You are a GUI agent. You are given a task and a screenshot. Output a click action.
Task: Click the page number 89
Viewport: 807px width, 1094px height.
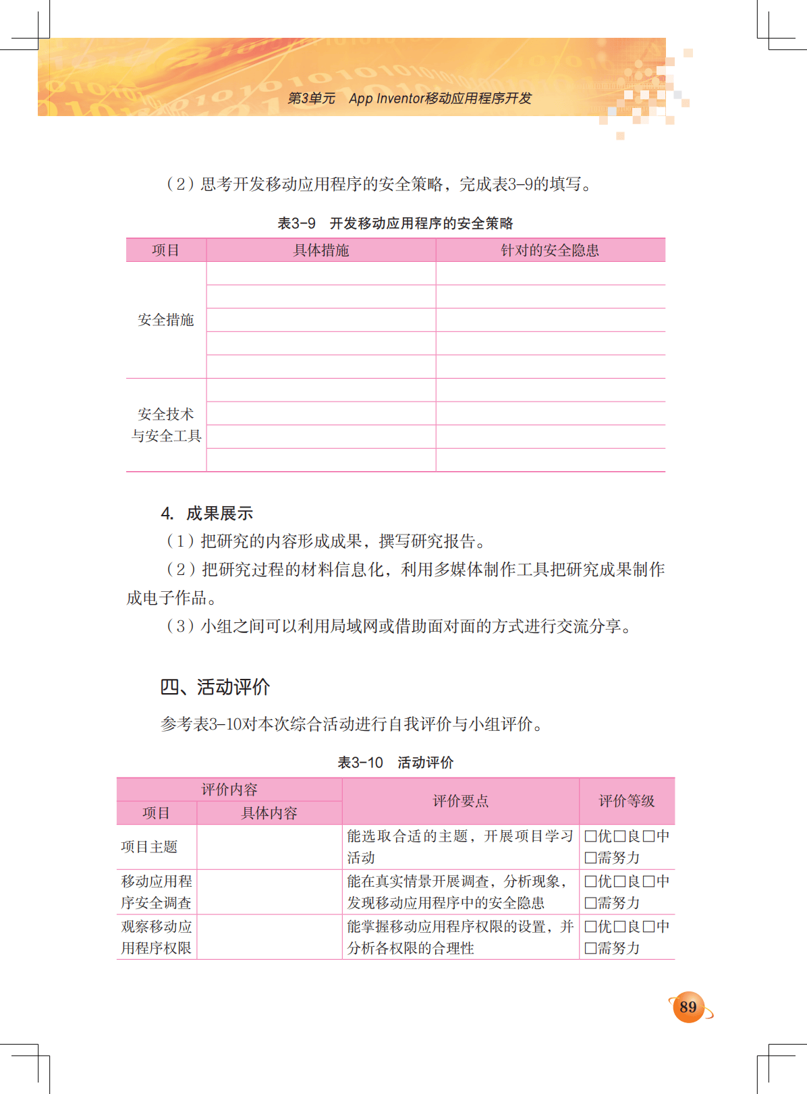pos(688,1007)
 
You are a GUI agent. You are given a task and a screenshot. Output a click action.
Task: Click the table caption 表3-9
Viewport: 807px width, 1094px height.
pos(296,223)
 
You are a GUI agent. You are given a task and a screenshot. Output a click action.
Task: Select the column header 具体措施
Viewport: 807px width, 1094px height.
pos(321,250)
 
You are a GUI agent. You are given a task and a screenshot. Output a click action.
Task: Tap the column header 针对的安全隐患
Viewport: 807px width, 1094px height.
pos(550,250)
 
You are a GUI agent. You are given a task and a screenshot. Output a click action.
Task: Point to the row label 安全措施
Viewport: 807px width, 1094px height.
pos(166,320)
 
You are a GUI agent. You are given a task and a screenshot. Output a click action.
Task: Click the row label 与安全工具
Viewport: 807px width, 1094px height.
pos(166,436)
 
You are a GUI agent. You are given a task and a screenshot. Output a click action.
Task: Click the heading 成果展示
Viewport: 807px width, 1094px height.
pos(219,514)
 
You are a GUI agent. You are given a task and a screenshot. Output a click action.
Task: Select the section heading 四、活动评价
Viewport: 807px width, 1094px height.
pos(215,687)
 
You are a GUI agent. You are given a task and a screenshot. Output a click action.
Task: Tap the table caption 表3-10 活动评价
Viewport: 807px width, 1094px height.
pos(395,763)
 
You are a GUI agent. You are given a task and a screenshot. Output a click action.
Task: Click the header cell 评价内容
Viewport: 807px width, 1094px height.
pos(229,790)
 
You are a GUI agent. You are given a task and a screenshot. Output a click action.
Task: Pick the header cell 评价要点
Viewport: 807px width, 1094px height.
pos(460,801)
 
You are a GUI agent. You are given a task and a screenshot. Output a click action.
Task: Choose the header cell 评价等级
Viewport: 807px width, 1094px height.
pos(627,801)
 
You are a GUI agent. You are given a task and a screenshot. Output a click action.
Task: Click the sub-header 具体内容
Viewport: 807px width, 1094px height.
pos(269,813)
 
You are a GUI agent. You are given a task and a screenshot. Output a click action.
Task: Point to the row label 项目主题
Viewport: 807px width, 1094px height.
pos(149,847)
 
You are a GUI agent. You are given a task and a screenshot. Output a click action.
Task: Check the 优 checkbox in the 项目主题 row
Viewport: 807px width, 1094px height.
pos(590,836)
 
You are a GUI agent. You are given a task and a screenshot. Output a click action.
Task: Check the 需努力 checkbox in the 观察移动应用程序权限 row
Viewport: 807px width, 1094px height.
pos(590,948)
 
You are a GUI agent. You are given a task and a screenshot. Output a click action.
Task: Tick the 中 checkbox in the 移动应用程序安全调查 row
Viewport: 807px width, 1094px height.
pos(648,881)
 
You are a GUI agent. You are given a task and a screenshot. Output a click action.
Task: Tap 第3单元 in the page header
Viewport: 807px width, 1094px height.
pos(311,99)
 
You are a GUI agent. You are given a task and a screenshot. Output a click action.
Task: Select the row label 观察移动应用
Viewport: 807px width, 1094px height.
pos(157,927)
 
